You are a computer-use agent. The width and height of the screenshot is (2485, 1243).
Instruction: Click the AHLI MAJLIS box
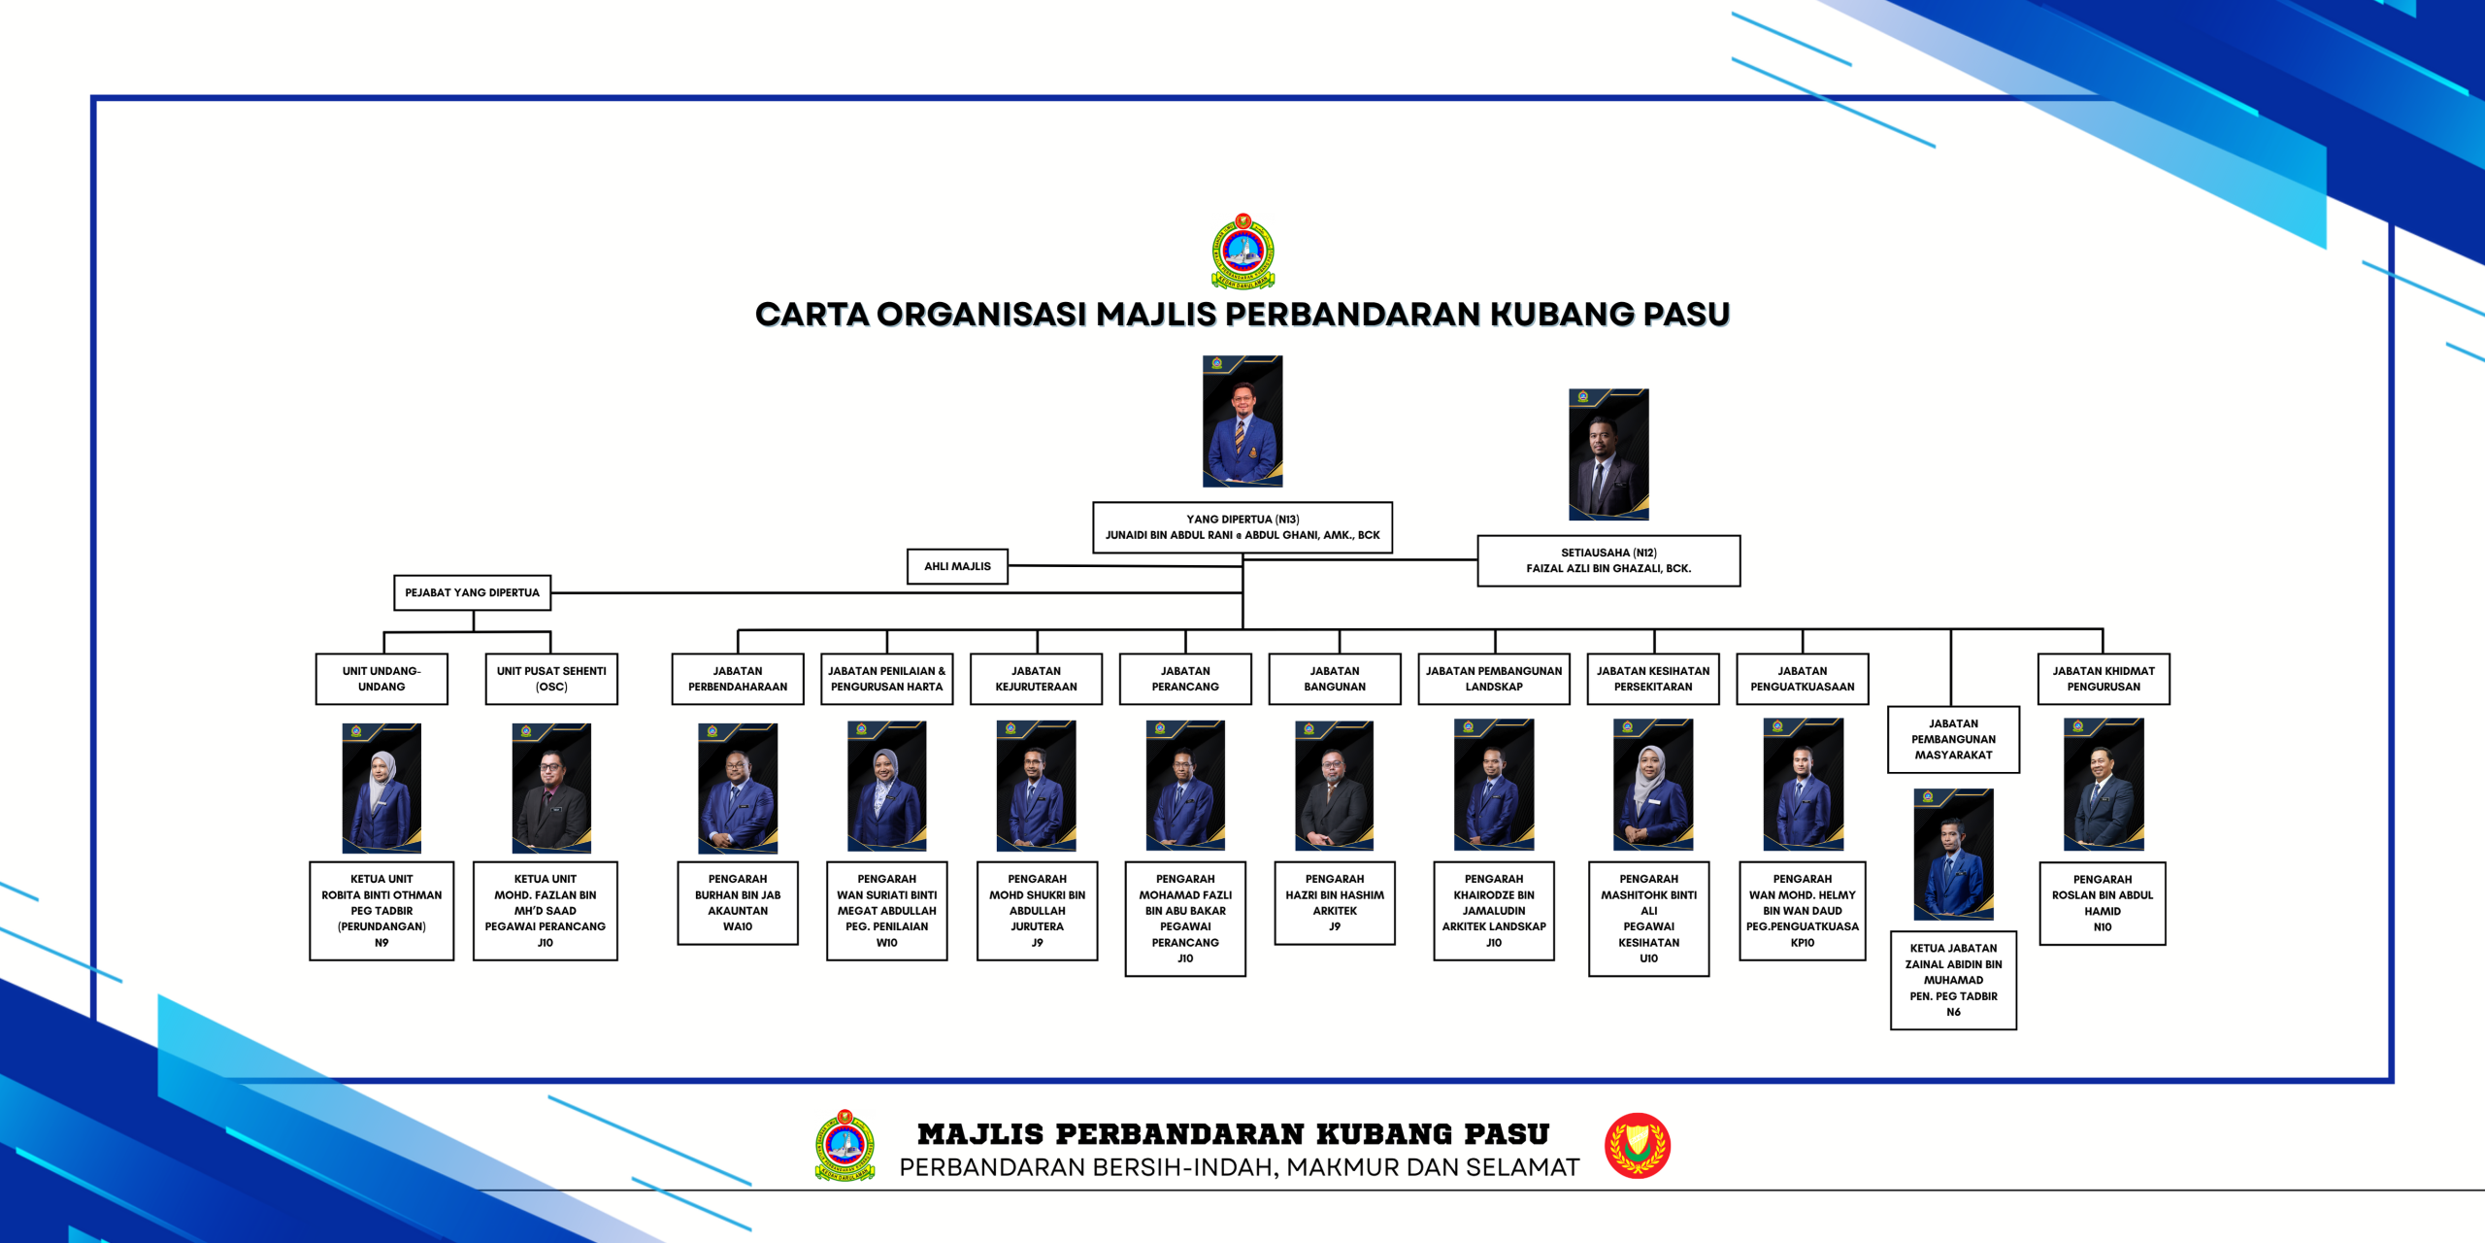957,566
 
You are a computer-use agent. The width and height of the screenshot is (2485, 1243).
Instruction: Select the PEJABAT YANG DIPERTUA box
472,592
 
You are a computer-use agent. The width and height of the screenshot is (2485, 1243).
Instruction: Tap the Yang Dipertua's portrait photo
1242,420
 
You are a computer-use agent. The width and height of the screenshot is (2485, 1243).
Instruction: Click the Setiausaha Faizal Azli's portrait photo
1608,454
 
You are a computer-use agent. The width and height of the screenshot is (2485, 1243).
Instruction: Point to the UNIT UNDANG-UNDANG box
381,679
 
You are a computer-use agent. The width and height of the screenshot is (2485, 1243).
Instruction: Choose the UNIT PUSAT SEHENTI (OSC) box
551,679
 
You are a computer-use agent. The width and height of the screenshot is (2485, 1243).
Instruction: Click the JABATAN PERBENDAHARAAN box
738,679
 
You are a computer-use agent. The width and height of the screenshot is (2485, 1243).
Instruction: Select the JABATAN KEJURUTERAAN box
1036,679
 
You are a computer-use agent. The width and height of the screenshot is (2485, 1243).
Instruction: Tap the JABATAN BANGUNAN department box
1335,679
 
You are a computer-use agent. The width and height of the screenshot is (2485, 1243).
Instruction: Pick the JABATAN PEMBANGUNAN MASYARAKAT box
1953,739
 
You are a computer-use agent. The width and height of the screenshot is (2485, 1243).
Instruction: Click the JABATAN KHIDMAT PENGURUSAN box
2104,679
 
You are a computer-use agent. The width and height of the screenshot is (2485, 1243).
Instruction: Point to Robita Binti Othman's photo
381,788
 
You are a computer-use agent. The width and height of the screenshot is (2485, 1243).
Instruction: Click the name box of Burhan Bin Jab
738,903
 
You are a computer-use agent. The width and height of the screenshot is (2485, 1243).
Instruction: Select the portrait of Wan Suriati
886,786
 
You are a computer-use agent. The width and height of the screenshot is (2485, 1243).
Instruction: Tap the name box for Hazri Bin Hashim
1335,903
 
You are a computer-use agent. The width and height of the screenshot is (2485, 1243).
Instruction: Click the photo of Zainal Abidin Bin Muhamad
1953,854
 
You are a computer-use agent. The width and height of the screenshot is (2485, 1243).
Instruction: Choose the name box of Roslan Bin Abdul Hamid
2103,903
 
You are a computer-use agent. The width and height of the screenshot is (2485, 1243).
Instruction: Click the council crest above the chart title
1242,252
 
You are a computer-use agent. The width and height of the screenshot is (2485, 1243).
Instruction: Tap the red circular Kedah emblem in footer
1638,1146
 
